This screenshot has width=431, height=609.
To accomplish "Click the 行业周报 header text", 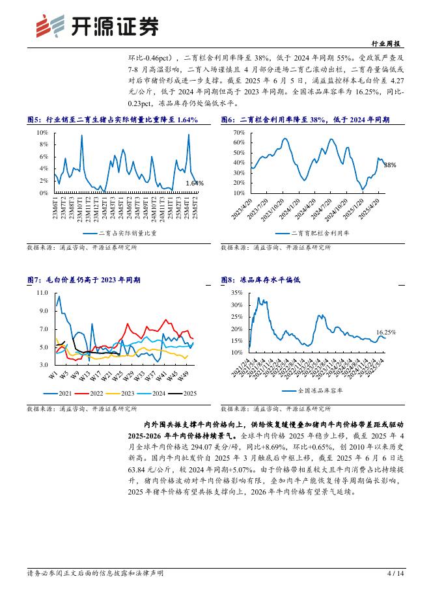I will tap(389, 44).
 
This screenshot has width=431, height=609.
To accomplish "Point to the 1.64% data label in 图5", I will tap(195, 183).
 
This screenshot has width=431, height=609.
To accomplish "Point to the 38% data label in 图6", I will tap(389, 165).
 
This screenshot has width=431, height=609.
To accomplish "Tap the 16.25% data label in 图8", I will tap(386, 332).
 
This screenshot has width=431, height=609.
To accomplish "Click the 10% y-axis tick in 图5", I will tap(42, 132).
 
